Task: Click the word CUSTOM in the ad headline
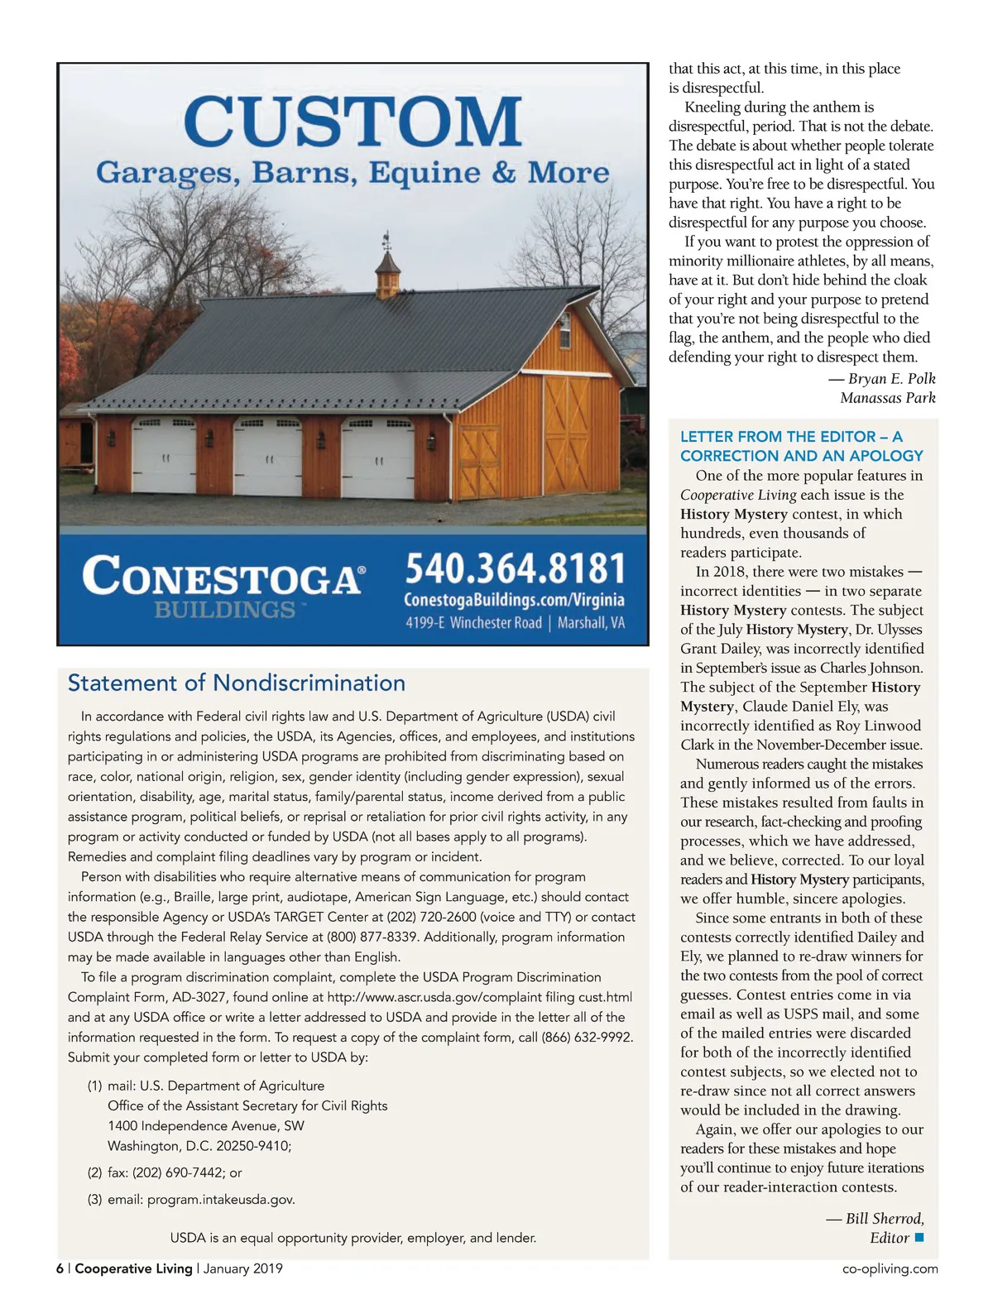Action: [x=353, y=121]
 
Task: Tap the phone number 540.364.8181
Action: [x=515, y=569]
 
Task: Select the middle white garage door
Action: [x=267, y=457]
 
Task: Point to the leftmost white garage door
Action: [x=164, y=456]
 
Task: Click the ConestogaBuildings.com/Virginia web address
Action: [x=514, y=600]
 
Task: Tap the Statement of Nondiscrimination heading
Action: [x=237, y=683]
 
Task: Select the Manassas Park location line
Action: [x=888, y=398]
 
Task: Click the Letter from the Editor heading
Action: [x=801, y=446]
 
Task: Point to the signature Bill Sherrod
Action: [x=884, y=1219]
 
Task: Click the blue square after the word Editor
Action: [x=919, y=1238]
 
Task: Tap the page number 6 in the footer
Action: [x=60, y=1268]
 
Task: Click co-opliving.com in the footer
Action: [x=890, y=1268]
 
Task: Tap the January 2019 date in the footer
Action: [x=242, y=1268]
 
